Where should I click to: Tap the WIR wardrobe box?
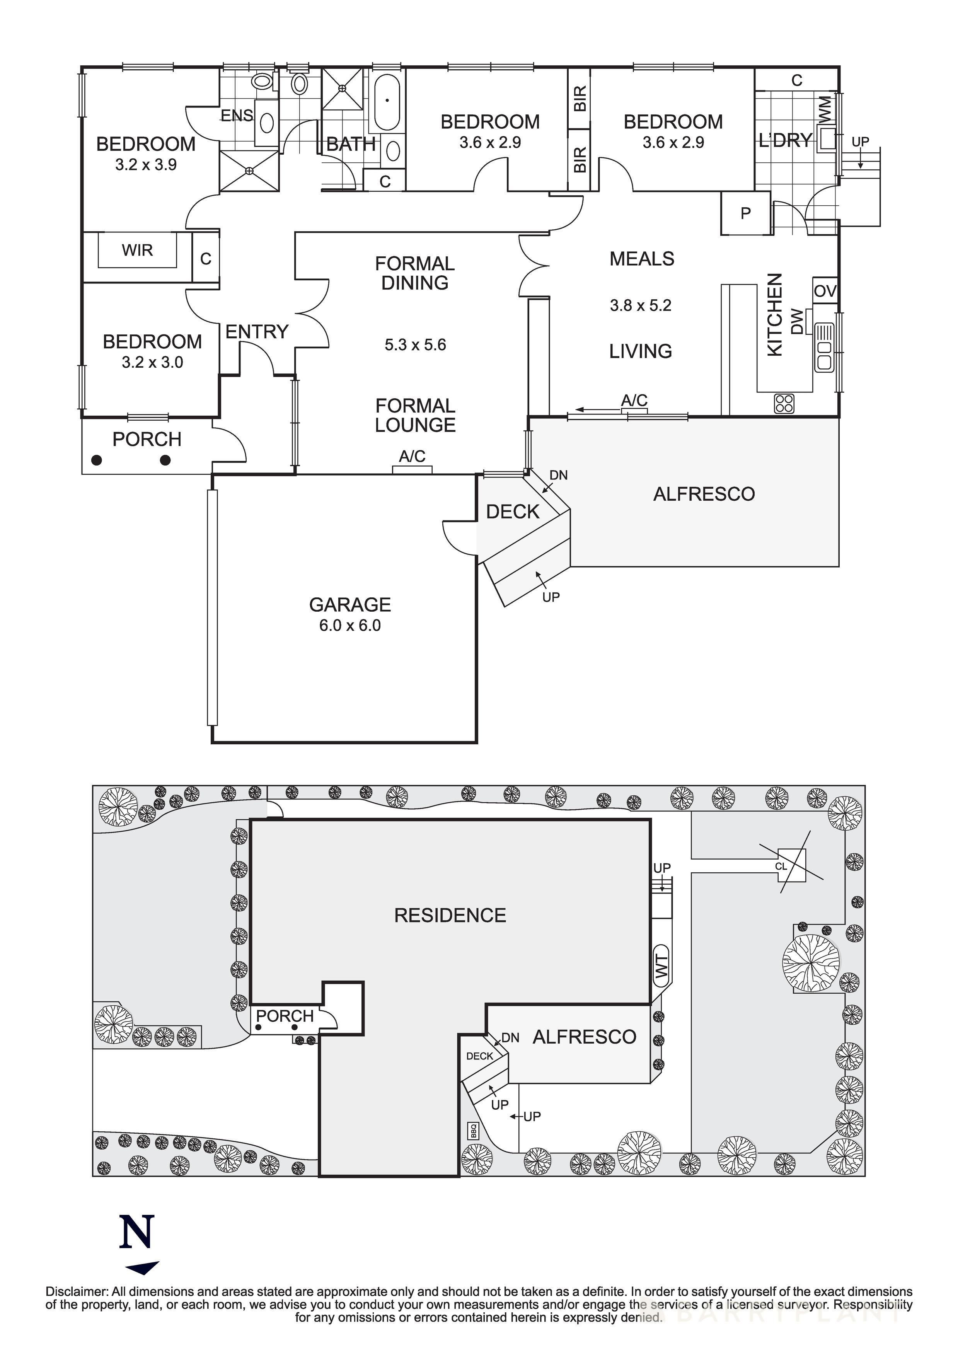point(137,251)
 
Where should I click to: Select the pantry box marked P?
point(745,214)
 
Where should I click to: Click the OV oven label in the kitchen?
point(825,291)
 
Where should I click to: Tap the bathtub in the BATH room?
point(387,101)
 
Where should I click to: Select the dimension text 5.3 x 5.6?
point(415,345)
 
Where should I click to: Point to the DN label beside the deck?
point(558,475)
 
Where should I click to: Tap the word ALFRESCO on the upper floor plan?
point(704,494)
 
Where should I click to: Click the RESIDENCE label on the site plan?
point(450,916)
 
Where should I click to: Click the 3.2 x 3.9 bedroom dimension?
point(146,165)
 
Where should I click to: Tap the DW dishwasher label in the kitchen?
point(797,322)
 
